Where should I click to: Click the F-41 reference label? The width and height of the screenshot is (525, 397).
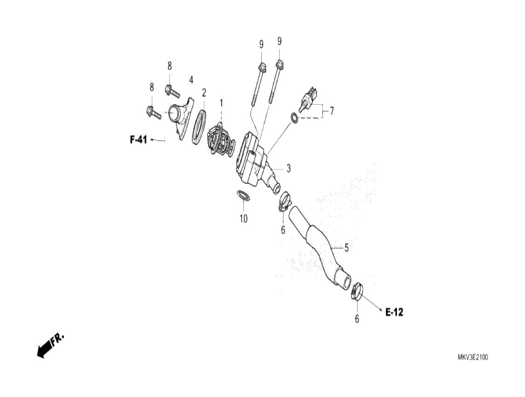(138, 140)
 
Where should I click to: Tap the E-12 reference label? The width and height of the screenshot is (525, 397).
(394, 312)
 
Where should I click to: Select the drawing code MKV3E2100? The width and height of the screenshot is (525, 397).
(473, 357)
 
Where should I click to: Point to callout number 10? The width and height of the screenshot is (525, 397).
(243, 218)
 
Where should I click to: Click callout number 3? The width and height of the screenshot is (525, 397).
(288, 169)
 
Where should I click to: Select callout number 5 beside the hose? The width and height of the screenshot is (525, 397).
(346, 248)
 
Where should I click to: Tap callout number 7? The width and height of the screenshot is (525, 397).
(332, 111)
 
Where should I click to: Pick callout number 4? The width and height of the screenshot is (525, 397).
(191, 80)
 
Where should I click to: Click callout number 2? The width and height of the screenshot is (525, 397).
(204, 92)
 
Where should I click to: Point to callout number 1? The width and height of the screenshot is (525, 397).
(221, 102)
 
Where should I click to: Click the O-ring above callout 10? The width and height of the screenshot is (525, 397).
(243, 196)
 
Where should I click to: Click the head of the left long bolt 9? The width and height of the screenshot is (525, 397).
(261, 67)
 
